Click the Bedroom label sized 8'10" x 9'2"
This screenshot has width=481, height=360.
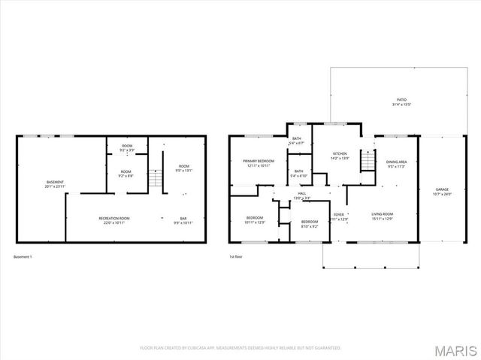tap(310, 223)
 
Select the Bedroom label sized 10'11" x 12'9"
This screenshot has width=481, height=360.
tap(256, 220)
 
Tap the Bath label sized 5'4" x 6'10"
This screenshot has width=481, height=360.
tap(299, 173)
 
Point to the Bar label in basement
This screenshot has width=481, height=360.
tap(183, 220)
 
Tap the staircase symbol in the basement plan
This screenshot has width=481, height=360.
tap(156, 179)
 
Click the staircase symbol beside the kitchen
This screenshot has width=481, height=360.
tap(367, 160)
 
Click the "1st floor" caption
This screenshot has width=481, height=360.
tap(237, 257)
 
